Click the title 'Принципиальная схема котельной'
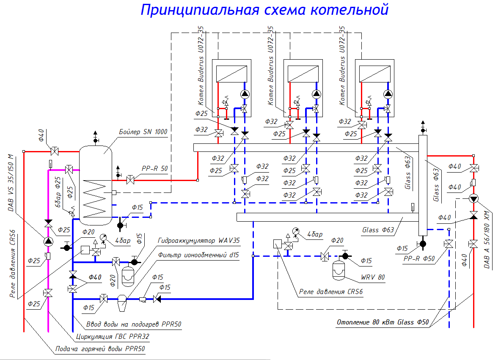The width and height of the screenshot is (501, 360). (264, 9)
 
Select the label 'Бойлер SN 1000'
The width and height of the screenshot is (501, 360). (143, 132)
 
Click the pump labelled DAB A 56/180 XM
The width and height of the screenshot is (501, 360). (473, 199)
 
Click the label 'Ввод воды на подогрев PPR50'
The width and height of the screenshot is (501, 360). (134, 324)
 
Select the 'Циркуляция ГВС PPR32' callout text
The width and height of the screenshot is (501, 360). (112, 337)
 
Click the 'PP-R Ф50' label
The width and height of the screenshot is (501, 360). (419, 258)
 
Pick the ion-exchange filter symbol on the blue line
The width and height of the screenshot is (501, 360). (121, 300)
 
